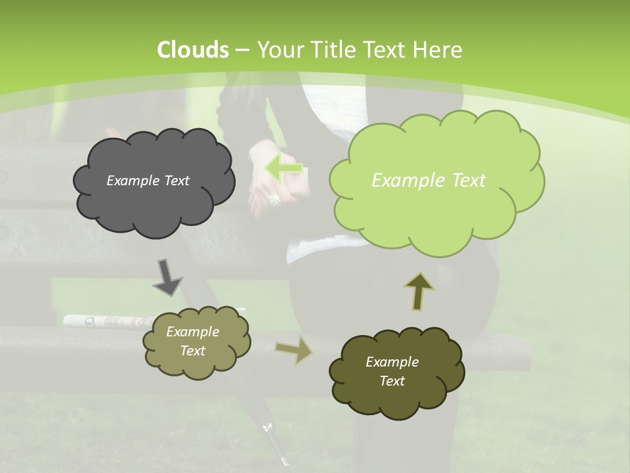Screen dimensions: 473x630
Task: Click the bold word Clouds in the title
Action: click(193, 50)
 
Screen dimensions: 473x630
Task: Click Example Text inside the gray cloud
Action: click(148, 181)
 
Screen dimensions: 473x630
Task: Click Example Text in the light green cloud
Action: click(429, 181)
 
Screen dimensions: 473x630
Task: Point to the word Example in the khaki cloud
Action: click(192, 332)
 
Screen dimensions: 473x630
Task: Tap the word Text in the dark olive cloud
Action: click(392, 381)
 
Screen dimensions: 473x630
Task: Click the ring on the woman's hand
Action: click(274, 198)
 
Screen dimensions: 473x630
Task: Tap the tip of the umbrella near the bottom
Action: click(284, 462)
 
